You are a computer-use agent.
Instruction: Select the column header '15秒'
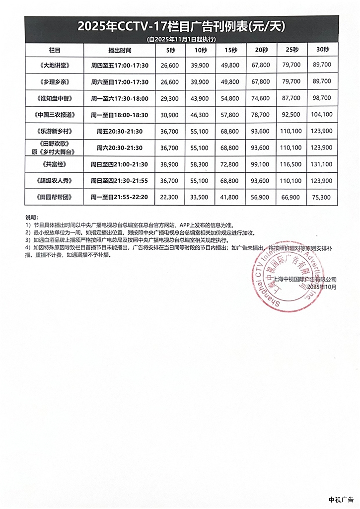[x=231, y=50]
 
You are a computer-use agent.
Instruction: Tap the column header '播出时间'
[x=120, y=50]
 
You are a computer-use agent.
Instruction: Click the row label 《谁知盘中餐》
[x=55, y=98]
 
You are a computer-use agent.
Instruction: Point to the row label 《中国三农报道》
[x=55, y=115]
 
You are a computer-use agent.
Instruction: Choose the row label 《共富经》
[x=55, y=164]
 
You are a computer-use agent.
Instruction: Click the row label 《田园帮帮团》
[x=55, y=197]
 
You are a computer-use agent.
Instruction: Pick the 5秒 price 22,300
[x=170, y=197]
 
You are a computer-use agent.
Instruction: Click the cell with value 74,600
[x=261, y=98]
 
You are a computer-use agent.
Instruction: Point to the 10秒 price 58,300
[x=201, y=164]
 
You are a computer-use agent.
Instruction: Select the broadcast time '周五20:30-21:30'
[x=120, y=131]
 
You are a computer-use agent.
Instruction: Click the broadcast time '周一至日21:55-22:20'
[x=120, y=197]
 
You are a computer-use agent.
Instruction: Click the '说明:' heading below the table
[x=31, y=218]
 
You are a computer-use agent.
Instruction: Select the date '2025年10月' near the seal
[x=321, y=287]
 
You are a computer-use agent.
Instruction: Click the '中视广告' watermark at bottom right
[x=341, y=500]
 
